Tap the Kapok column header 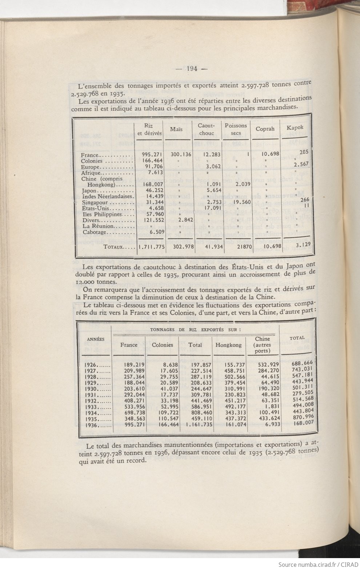pyautogui.click(x=295, y=128)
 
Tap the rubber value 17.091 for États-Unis pyautogui.click(x=209, y=208)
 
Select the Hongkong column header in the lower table pyautogui.click(x=228, y=345)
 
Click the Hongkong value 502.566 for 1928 pyautogui.click(x=228, y=376)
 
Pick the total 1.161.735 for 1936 pyautogui.click(x=194, y=424)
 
